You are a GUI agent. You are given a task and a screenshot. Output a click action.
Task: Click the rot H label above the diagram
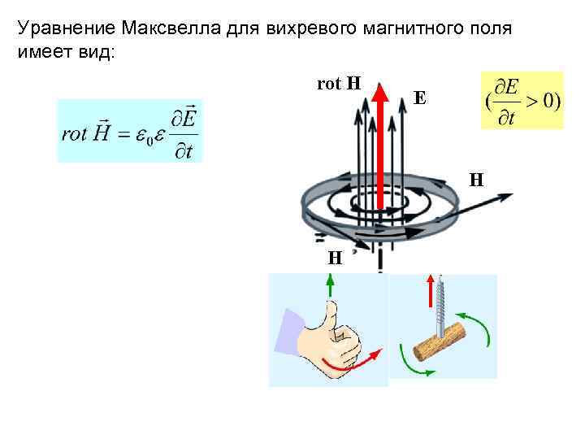(339, 83)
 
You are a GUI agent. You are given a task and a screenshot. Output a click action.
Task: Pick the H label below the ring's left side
(334, 258)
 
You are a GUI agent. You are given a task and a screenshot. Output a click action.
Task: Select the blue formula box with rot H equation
(129, 131)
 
